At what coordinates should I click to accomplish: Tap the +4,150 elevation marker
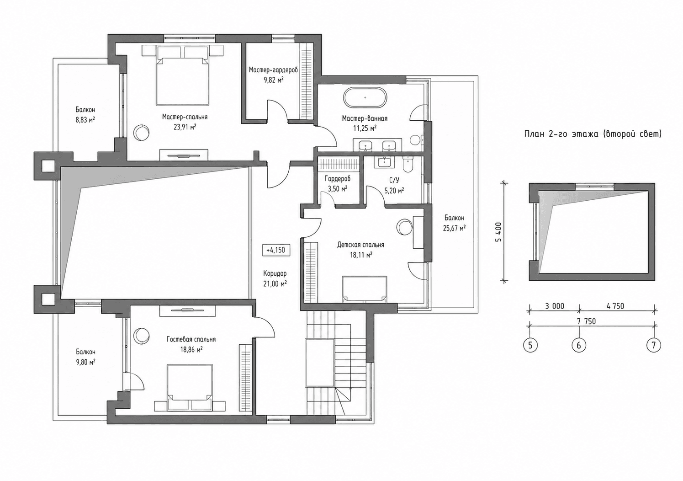click(x=276, y=250)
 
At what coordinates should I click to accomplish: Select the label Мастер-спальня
click(x=185, y=117)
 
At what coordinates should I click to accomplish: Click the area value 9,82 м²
click(x=273, y=80)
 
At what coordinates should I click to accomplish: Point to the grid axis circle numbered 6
click(x=579, y=345)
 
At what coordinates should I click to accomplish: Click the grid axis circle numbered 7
click(x=654, y=345)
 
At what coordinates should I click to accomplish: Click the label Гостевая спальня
click(x=191, y=339)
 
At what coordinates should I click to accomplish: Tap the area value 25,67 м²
click(x=454, y=228)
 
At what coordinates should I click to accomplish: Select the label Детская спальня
click(x=361, y=245)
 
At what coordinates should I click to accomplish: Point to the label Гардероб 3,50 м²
click(x=337, y=183)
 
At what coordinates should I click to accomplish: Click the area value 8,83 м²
click(x=85, y=120)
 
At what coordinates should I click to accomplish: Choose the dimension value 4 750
click(x=615, y=306)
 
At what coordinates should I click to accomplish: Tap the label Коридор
click(x=275, y=273)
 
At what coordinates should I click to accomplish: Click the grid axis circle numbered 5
click(x=530, y=345)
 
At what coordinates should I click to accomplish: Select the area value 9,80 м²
click(x=85, y=362)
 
